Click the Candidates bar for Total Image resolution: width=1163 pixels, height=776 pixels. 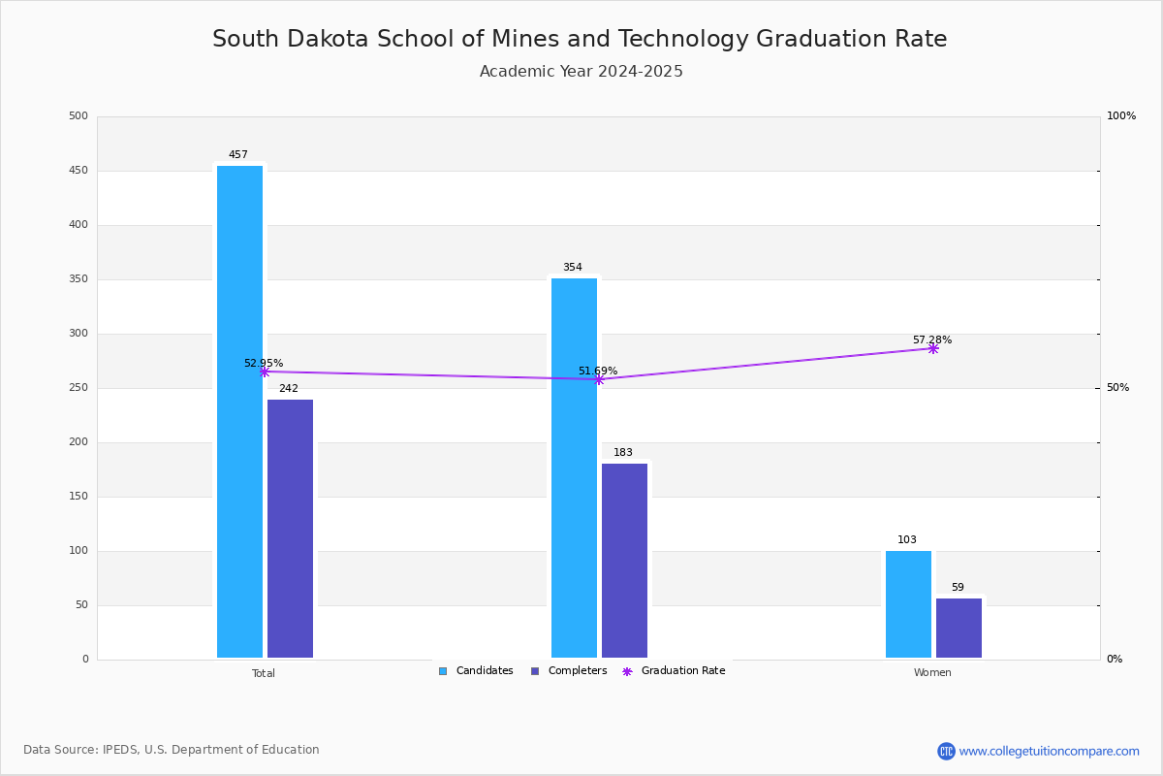coord(240,411)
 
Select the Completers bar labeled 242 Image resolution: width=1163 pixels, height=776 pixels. coord(290,529)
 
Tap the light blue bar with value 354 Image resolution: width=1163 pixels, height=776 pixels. coord(574,468)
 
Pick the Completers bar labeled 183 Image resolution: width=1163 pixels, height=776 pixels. coord(624,561)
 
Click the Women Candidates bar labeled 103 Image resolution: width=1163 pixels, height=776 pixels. coord(909,604)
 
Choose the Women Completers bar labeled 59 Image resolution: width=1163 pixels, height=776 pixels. coord(959,628)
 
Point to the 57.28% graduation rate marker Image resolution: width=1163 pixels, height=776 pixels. coord(933,349)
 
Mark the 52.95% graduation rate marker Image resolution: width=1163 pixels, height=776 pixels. coord(265,372)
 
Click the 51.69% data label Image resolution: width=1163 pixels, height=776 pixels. coord(598,371)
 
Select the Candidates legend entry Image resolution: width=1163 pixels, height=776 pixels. coord(476,671)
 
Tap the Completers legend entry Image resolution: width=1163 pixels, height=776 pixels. coord(569,671)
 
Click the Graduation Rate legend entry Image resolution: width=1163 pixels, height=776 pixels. coord(674,671)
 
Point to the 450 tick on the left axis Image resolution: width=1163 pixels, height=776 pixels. coord(79,171)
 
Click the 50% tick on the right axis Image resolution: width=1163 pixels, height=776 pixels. coord(1117,388)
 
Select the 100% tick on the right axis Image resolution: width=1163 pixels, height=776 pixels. coord(1121,115)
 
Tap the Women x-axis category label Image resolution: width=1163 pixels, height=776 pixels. coord(932,672)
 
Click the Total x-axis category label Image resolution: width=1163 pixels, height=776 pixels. coord(264,673)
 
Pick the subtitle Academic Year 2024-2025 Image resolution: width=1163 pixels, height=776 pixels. coord(581,71)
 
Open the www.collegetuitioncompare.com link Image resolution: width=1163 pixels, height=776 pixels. coord(1049,751)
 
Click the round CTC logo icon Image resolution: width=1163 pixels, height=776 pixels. coord(946,751)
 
